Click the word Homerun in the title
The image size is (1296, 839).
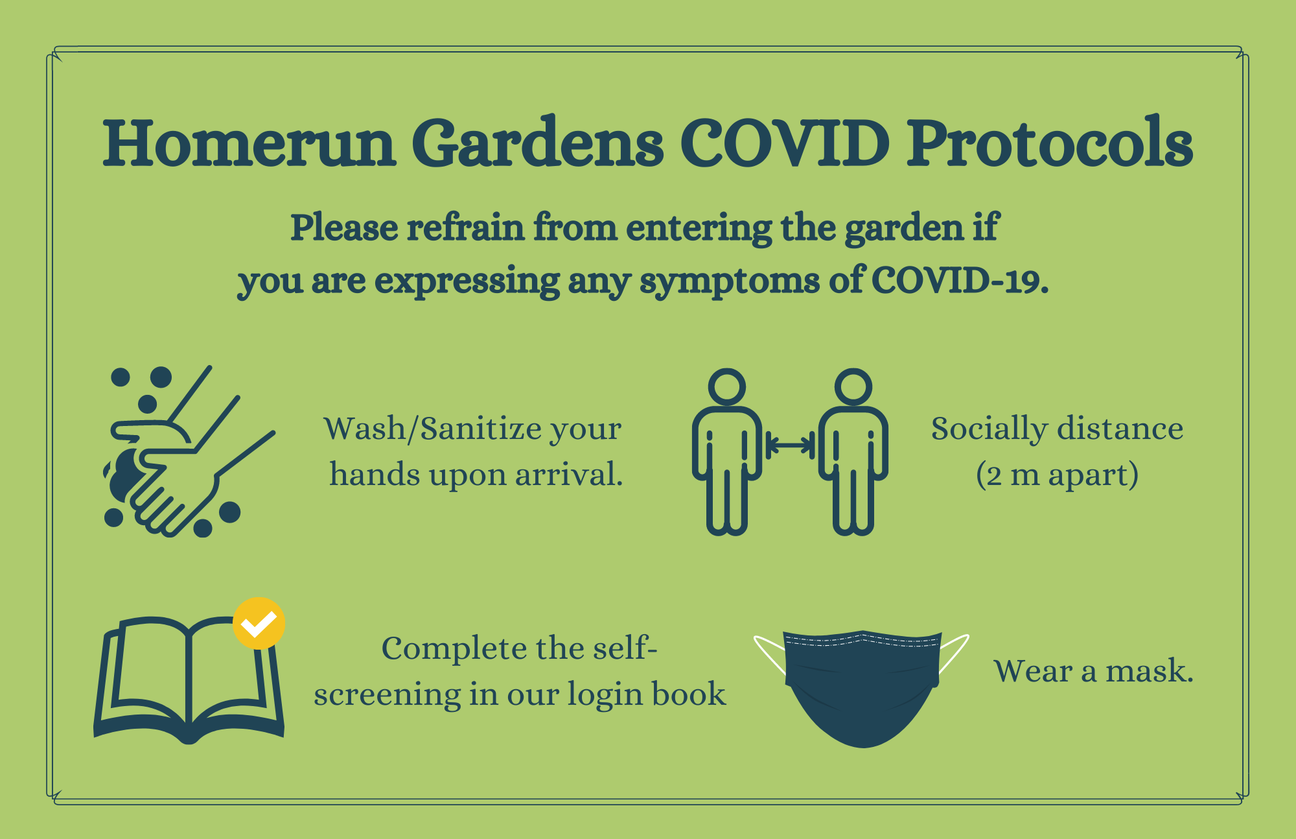(249, 143)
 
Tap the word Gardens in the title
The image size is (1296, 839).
(537, 143)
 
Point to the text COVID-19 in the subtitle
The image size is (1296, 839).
(960, 281)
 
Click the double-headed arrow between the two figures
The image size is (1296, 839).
(790, 445)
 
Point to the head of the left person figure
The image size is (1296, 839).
(727, 386)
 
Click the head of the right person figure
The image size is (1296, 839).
(853, 386)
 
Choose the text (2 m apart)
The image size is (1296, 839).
(1057, 475)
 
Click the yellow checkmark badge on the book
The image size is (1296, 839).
(259, 623)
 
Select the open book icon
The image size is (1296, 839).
(189, 681)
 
